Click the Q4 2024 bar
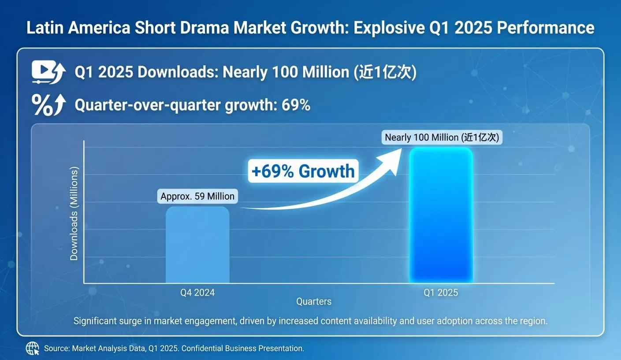click(x=197, y=245)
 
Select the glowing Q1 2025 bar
click(x=441, y=215)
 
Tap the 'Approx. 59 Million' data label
click(x=197, y=196)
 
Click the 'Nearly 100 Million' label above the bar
click(x=442, y=137)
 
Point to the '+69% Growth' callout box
click(x=303, y=171)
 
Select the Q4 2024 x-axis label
click(x=197, y=293)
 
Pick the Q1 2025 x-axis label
click(x=441, y=293)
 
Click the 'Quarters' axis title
click(x=314, y=301)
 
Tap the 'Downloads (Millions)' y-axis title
click(x=74, y=213)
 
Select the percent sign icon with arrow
click(x=48, y=105)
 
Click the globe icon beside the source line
click(x=33, y=348)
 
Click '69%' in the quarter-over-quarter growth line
click(x=296, y=105)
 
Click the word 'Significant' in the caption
click(x=95, y=321)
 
